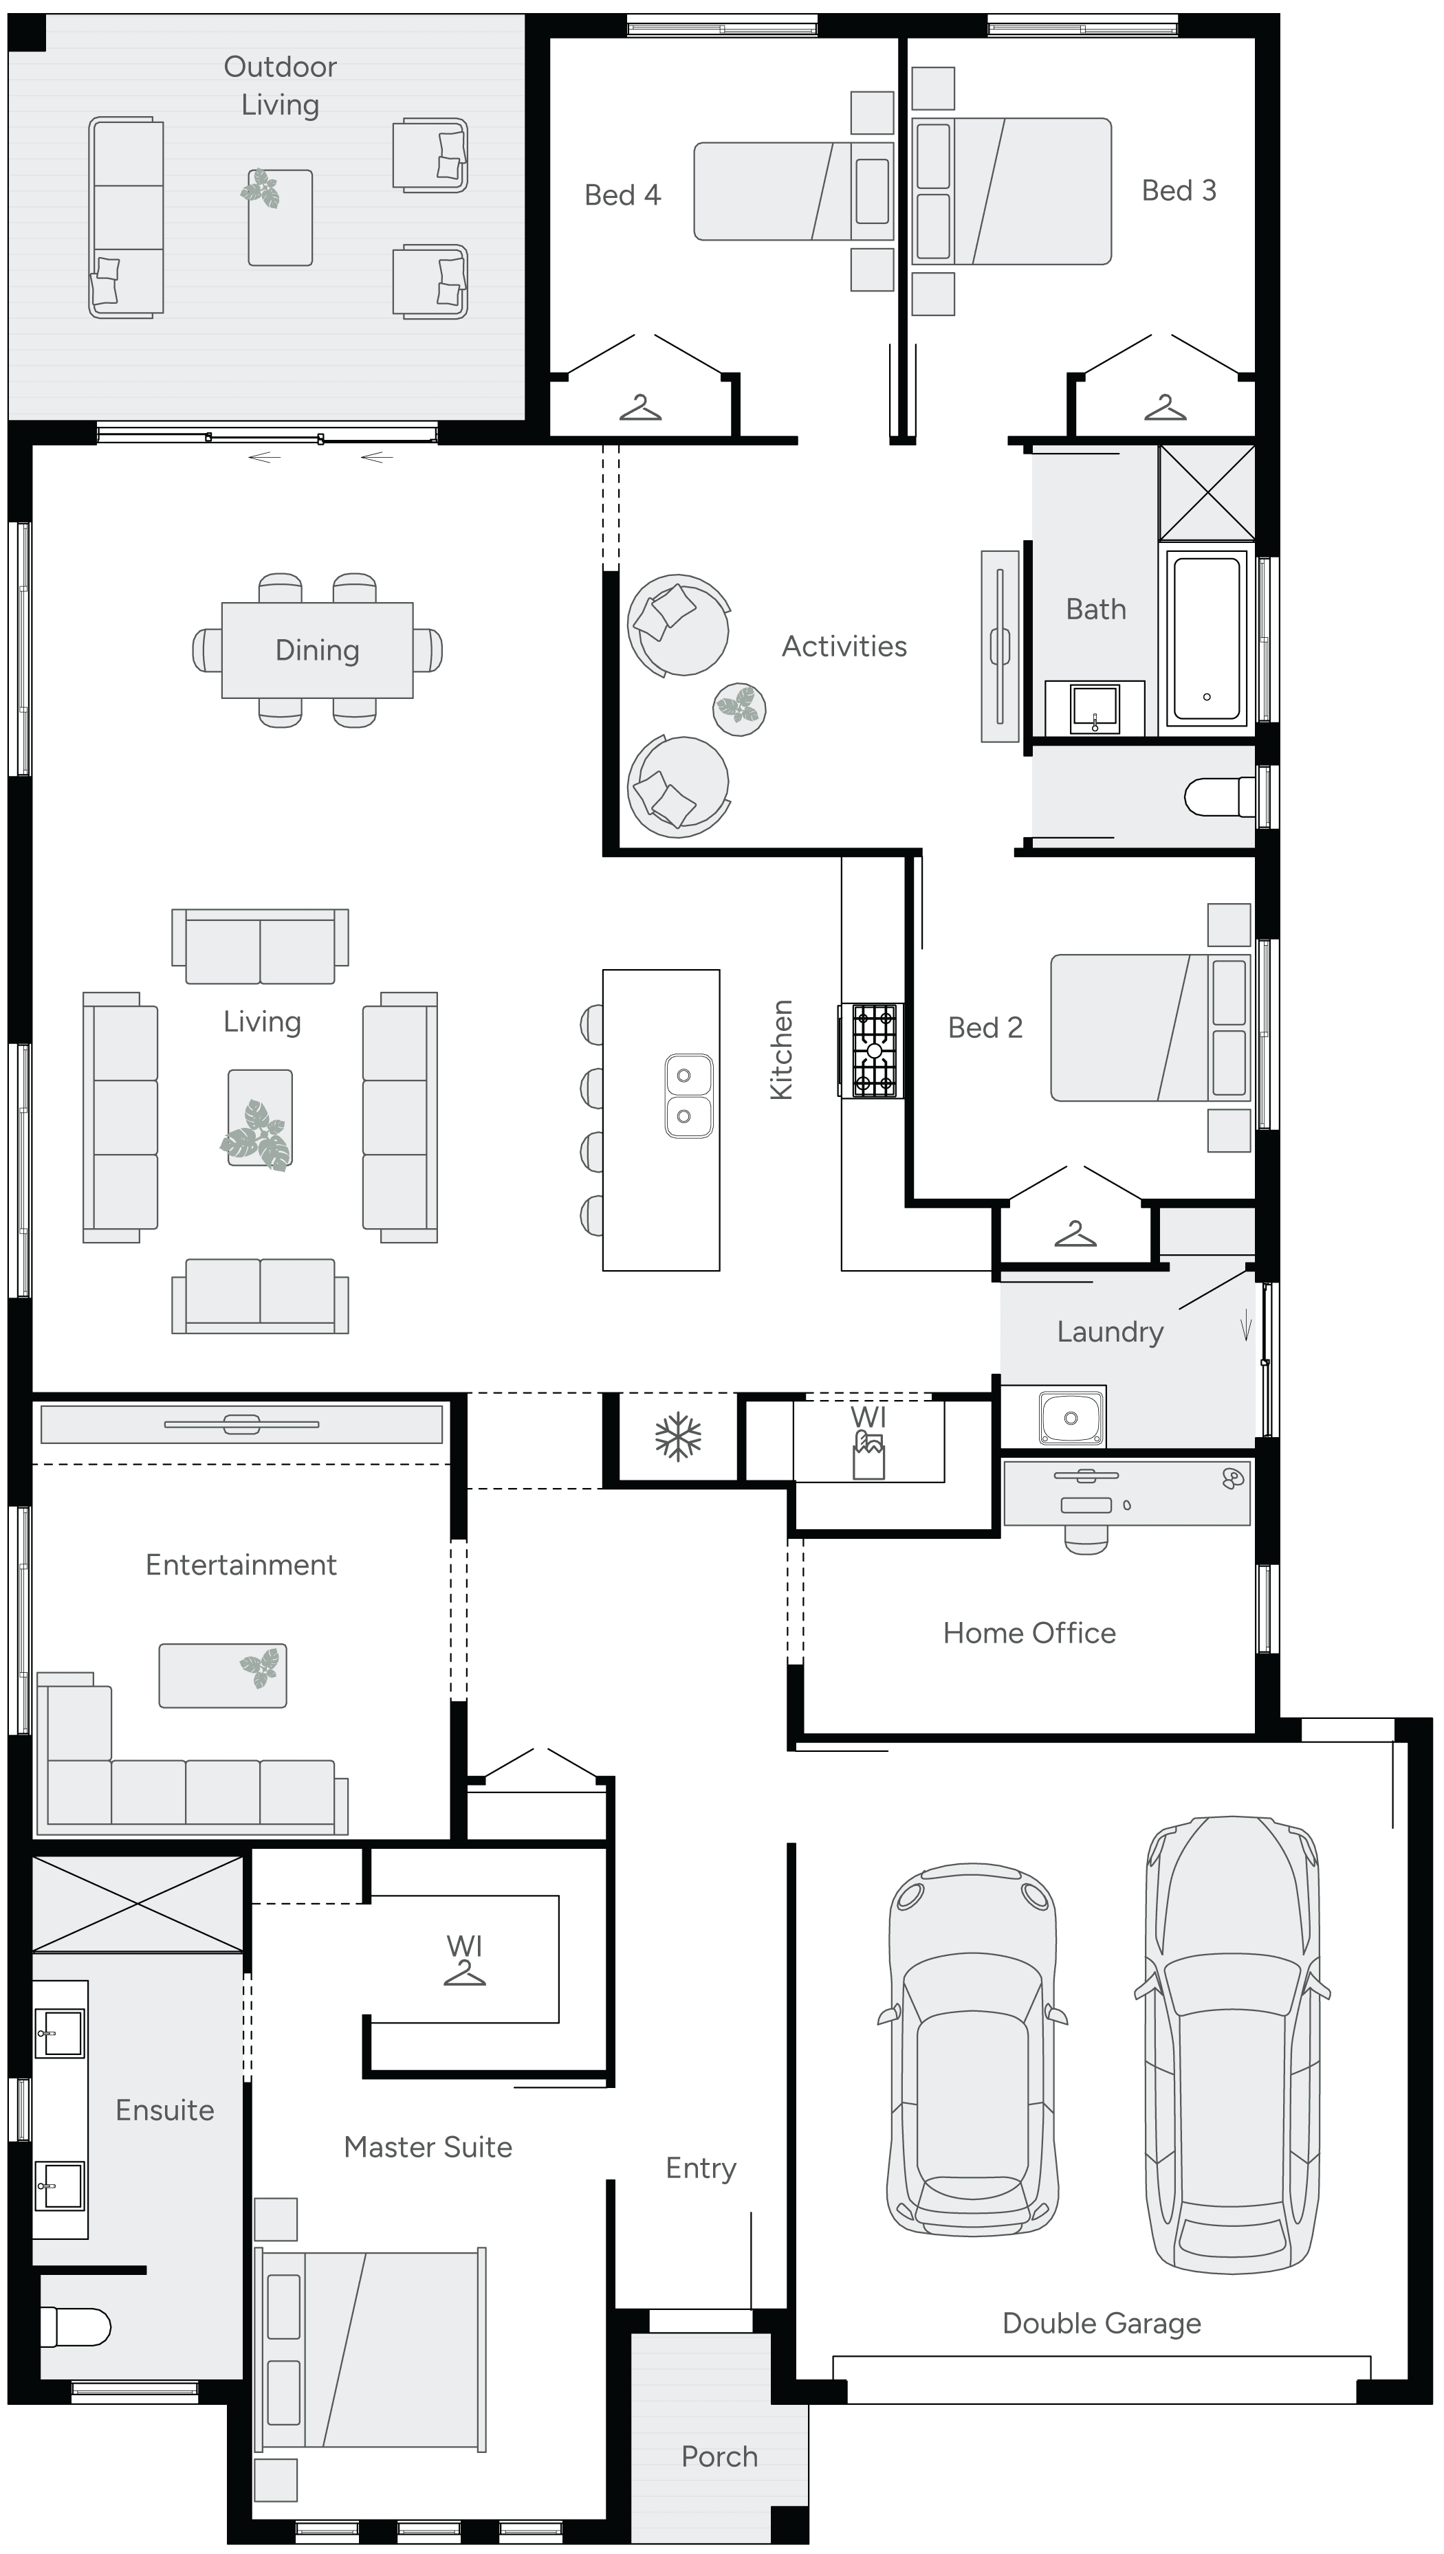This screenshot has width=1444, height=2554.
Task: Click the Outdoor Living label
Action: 280,85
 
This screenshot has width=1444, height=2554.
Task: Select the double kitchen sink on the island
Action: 688,1096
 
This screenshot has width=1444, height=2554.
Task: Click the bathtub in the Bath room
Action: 1206,638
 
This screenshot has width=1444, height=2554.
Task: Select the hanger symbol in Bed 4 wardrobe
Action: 641,408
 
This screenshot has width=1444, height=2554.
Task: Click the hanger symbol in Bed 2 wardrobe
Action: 1075,1235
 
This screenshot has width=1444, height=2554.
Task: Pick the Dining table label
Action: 318,650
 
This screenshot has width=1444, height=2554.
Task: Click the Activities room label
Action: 844,647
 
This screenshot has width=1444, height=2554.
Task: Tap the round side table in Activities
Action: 740,709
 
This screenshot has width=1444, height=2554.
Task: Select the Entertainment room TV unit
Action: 241,1425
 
